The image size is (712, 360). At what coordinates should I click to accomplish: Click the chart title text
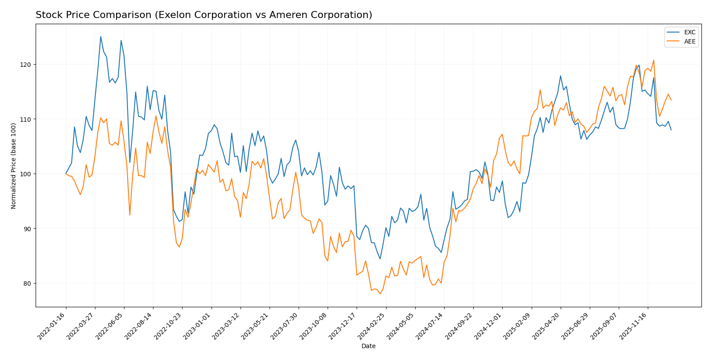click(204, 15)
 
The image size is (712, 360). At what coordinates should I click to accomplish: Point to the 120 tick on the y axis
click(27, 65)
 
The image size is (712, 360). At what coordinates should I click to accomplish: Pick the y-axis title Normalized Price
click(14, 166)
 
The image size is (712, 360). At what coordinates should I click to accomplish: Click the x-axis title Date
click(368, 346)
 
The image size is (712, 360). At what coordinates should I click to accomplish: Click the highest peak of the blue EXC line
click(101, 36)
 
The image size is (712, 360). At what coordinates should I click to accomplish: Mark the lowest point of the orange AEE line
click(380, 294)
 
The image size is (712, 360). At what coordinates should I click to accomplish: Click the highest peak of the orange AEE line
click(654, 60)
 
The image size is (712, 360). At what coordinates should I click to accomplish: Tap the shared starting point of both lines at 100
click(66, 174)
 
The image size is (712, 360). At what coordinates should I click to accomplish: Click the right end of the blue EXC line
click(671, 130)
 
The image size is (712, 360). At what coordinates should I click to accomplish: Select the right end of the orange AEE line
click(671, 100)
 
